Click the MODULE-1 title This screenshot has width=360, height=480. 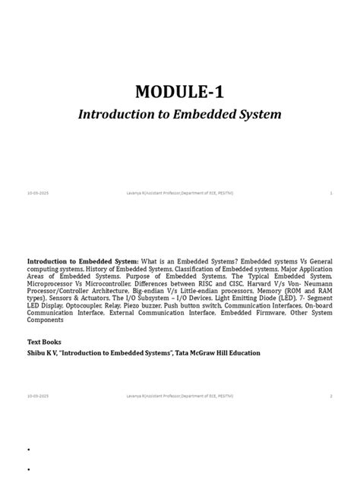(179, 93)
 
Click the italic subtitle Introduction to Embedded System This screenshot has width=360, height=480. (180, 115)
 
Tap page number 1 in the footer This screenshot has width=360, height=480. (331, 193)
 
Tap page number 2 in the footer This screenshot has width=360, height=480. (331, 396)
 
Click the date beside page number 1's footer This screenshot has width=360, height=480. (38, 193)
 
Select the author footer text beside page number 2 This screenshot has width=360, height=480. (179, 396)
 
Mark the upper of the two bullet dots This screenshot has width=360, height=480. (28, 450)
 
